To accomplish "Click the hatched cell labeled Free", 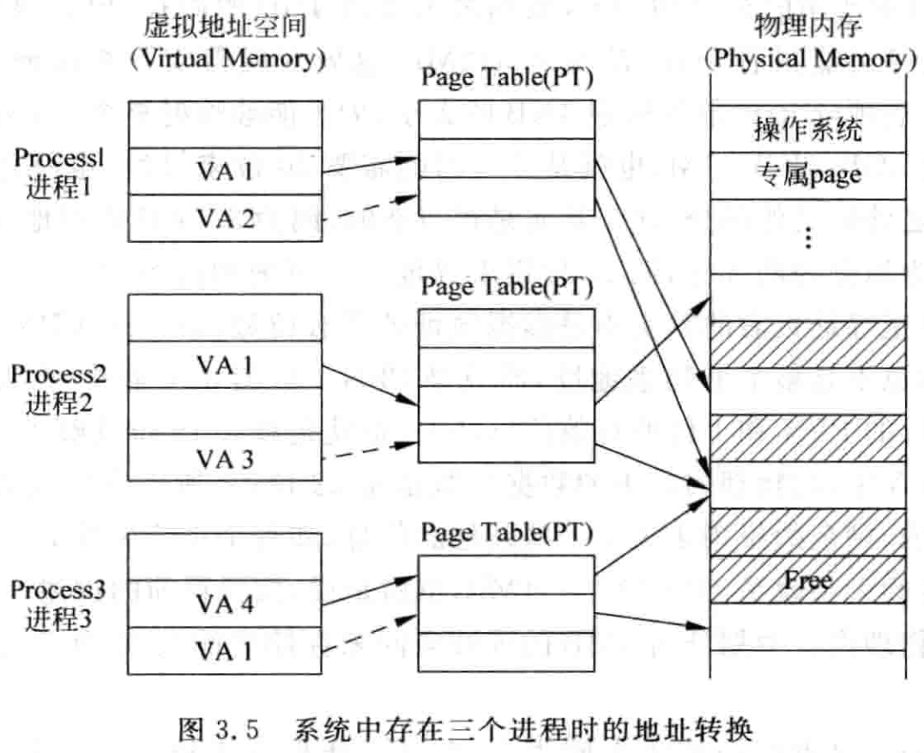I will point(807,580).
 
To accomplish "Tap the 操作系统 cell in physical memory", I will point(807,131).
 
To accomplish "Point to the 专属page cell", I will point(807,177).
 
